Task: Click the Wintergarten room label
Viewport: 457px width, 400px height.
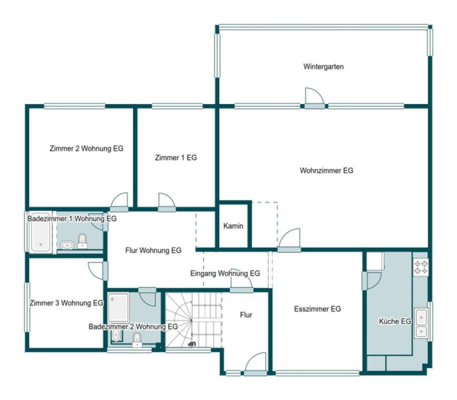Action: [323, 67]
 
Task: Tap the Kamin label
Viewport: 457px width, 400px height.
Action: [233, 226]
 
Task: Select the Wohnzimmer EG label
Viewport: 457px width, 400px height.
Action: [326, 170]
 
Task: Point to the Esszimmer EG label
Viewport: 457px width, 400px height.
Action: [318, 309]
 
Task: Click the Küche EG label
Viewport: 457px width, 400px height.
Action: [395, 321]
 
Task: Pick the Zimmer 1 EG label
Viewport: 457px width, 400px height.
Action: [176, 158]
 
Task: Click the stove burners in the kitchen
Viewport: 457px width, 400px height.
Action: [421, 268]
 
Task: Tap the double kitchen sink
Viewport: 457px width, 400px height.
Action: [421, 323]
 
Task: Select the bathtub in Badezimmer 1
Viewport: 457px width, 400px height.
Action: [40, 232]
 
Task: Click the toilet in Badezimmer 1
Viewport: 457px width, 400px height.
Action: [83, 241]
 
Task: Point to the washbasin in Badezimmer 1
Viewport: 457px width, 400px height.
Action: [67, 245]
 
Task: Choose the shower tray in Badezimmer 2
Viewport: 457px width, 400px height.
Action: [118, 308]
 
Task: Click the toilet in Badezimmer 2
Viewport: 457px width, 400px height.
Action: [137, 340]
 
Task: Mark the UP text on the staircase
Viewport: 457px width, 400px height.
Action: [191, 344]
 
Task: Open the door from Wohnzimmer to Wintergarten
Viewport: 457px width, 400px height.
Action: [314, 98]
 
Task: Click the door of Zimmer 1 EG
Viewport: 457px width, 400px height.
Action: [167, 202]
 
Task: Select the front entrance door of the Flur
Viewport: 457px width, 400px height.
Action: [255, 364]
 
